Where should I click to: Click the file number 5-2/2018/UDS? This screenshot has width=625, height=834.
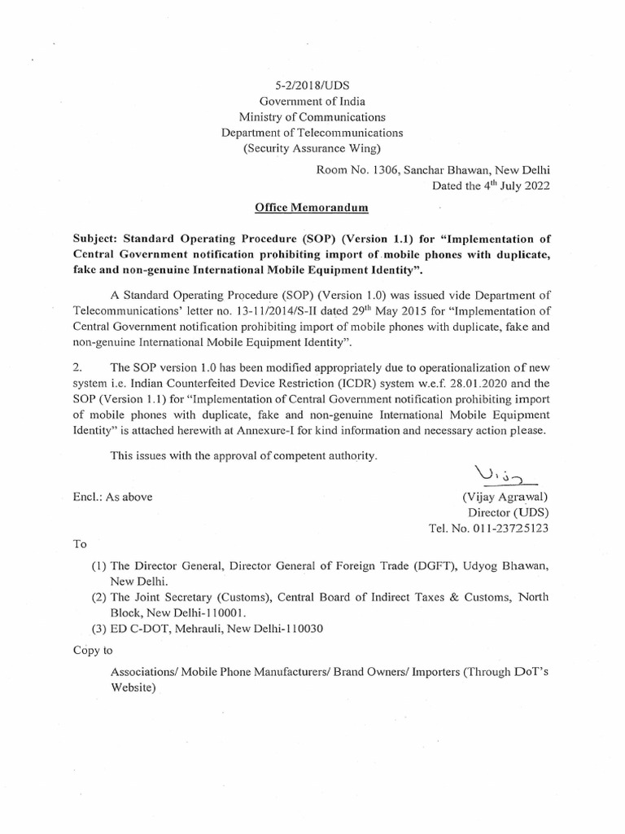point(312,85)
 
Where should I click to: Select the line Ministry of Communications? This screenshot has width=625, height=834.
point(312,116)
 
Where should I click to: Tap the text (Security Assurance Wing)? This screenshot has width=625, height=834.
point(312,147)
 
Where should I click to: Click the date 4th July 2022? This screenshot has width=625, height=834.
point(508,185)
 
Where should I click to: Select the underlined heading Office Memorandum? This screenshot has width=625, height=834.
point(312,208)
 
